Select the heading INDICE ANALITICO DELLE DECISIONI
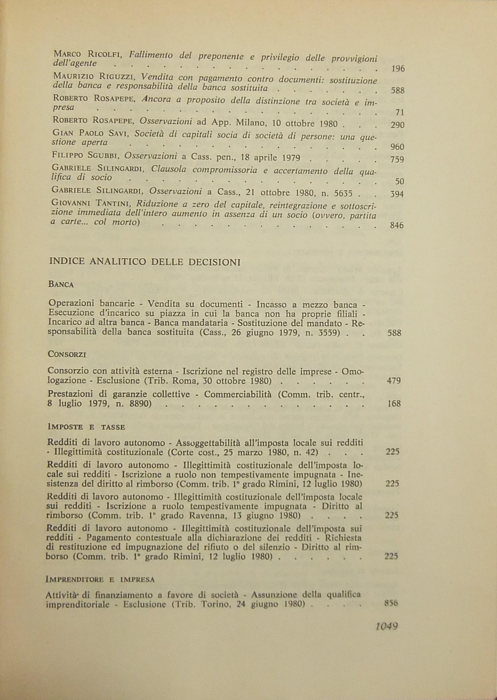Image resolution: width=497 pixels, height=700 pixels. click(x=145, y=262)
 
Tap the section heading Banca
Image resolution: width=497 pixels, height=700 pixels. click(x=61, y=285)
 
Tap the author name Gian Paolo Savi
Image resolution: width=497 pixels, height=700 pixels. click(x=91, y=133)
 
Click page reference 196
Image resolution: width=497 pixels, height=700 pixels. click(x=398, y=69)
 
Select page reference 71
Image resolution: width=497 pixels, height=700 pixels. click(x=400, y=112)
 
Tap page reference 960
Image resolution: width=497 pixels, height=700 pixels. click(x=398, y=147)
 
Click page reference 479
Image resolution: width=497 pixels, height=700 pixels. click(x=394, y=380)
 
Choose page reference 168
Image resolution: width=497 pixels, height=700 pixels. click(x=394, y=404)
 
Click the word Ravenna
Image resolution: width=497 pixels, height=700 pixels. click(x=206, y=516)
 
